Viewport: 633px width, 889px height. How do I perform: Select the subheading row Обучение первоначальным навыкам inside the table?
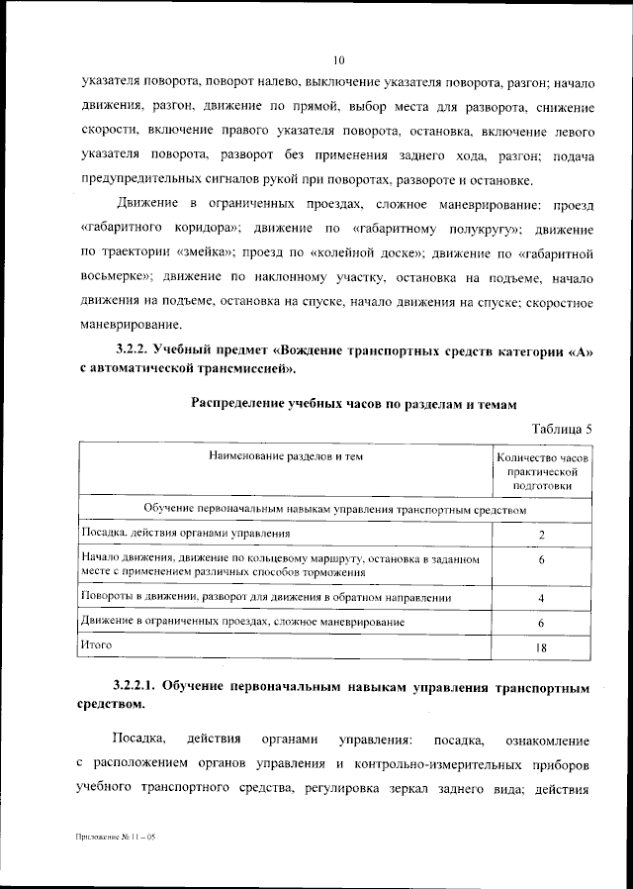click(334, 508)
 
